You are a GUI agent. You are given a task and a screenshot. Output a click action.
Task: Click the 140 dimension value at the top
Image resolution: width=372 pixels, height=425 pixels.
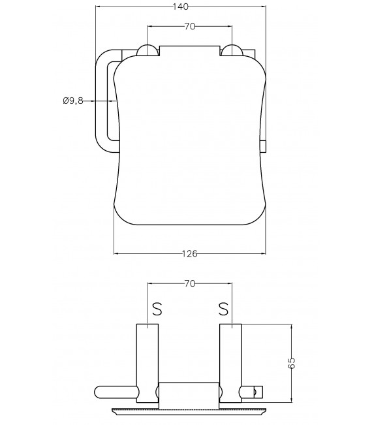pyautogui.click(x=182, y=7)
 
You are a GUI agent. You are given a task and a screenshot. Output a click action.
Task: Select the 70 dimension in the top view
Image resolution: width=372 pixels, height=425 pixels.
pyautogui.click(x=190, y=27)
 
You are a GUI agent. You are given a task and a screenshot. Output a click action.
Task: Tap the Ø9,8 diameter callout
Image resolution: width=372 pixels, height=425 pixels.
pyautogui.click(x=72, y=101)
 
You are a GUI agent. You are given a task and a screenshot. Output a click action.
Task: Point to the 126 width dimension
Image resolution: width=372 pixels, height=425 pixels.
pyautogui.click(x=190, y=253)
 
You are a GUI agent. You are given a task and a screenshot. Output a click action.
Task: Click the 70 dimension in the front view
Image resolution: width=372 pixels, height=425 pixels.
pyautogui.click(x=190, y=284)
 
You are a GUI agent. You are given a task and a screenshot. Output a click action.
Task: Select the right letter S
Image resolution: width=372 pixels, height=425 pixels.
pyautogui.click(x=223, y=307)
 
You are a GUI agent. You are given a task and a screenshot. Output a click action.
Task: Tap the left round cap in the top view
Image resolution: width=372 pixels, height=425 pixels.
pyautogui.click(x=147, y=51)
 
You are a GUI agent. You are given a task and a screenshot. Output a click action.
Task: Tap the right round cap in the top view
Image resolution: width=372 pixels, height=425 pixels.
pyautogui.click(x=232, y=51)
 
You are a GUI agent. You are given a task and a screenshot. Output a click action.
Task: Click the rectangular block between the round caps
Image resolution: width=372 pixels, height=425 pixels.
pyautogui.click(x=189, y=50)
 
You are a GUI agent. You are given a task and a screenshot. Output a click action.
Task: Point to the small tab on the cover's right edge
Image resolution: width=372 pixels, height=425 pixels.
pyautogui.click(x=264, y=146)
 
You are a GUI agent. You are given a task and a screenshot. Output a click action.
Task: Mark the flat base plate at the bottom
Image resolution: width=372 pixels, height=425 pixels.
pyautogui.click(x=189, y=411)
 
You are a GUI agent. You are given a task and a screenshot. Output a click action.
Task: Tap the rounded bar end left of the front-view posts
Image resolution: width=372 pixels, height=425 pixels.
pyautogui.click(x=104, y=392)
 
